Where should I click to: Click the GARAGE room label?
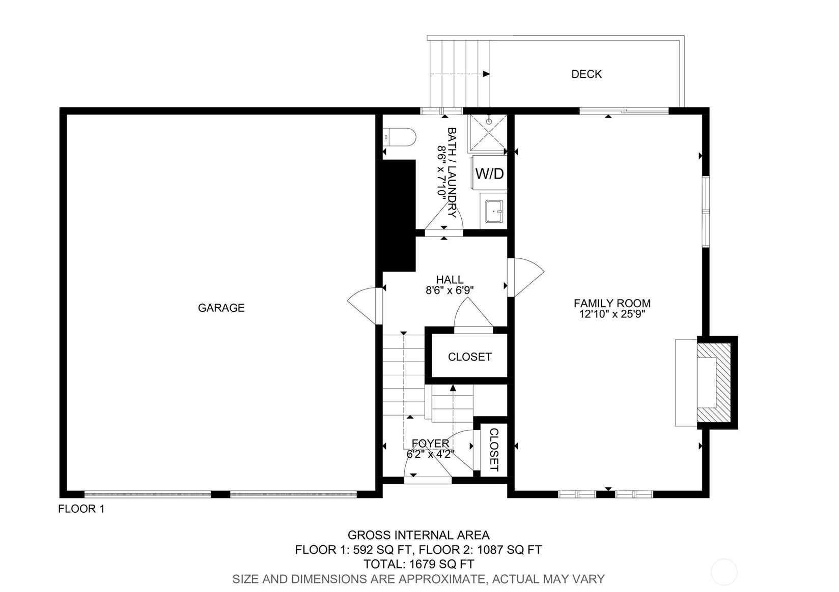pos(221,308)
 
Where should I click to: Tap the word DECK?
pos(586,74)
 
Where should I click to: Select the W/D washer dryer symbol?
pos(489,173)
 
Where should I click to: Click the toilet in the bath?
pos(400,138)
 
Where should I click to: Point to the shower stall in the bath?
pos(487,133)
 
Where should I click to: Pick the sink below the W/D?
pos(494,212)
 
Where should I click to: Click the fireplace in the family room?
pos(714,382)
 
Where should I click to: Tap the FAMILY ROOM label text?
pos(612,303)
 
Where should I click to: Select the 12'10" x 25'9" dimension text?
pos(612,314)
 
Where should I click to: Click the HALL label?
pos(450,280)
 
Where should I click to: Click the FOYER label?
pos(430,443)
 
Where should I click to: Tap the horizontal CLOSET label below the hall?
pos(470,357)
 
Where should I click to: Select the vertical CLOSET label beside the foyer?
pos(494,450)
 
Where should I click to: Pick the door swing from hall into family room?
pos(526,277)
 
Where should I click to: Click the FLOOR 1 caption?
pos(81,509)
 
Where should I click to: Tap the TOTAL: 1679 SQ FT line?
pos(419,564)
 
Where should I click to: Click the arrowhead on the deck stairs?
pos(486,74)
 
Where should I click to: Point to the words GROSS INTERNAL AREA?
pos(418,535)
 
